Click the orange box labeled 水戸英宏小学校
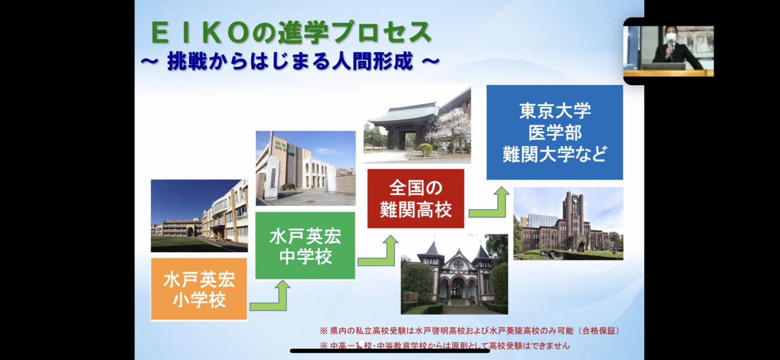(x=199, y=289)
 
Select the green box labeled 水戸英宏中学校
(x=305, y=246)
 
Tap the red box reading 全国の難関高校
(x=416, y=198)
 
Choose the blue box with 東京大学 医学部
(x=554, y=133)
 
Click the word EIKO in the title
(x=200, y=33)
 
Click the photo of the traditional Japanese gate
(x=417, y=123)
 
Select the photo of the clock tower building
(x=568, y=224)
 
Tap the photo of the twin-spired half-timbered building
(x=454, y=274)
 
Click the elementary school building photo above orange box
(x=199, y=216)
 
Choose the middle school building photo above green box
(x=305, y=168)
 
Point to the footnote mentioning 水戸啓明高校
(x=469, y=331)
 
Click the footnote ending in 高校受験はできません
(x=445, y=346)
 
